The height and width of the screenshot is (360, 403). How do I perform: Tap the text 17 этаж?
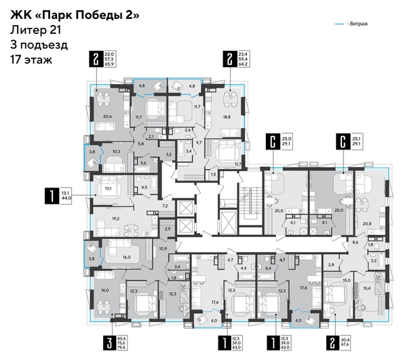coord(31,59)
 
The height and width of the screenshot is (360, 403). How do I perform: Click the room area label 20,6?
coord(107,116)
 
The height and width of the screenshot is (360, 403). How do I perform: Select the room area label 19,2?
coord(116,219)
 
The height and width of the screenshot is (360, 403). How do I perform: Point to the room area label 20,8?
coord(367,223)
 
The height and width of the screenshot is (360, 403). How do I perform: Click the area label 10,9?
coord(161,249)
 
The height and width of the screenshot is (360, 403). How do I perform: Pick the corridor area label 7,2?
coord(164,204)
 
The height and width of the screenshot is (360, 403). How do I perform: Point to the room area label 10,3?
coord(116,151)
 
